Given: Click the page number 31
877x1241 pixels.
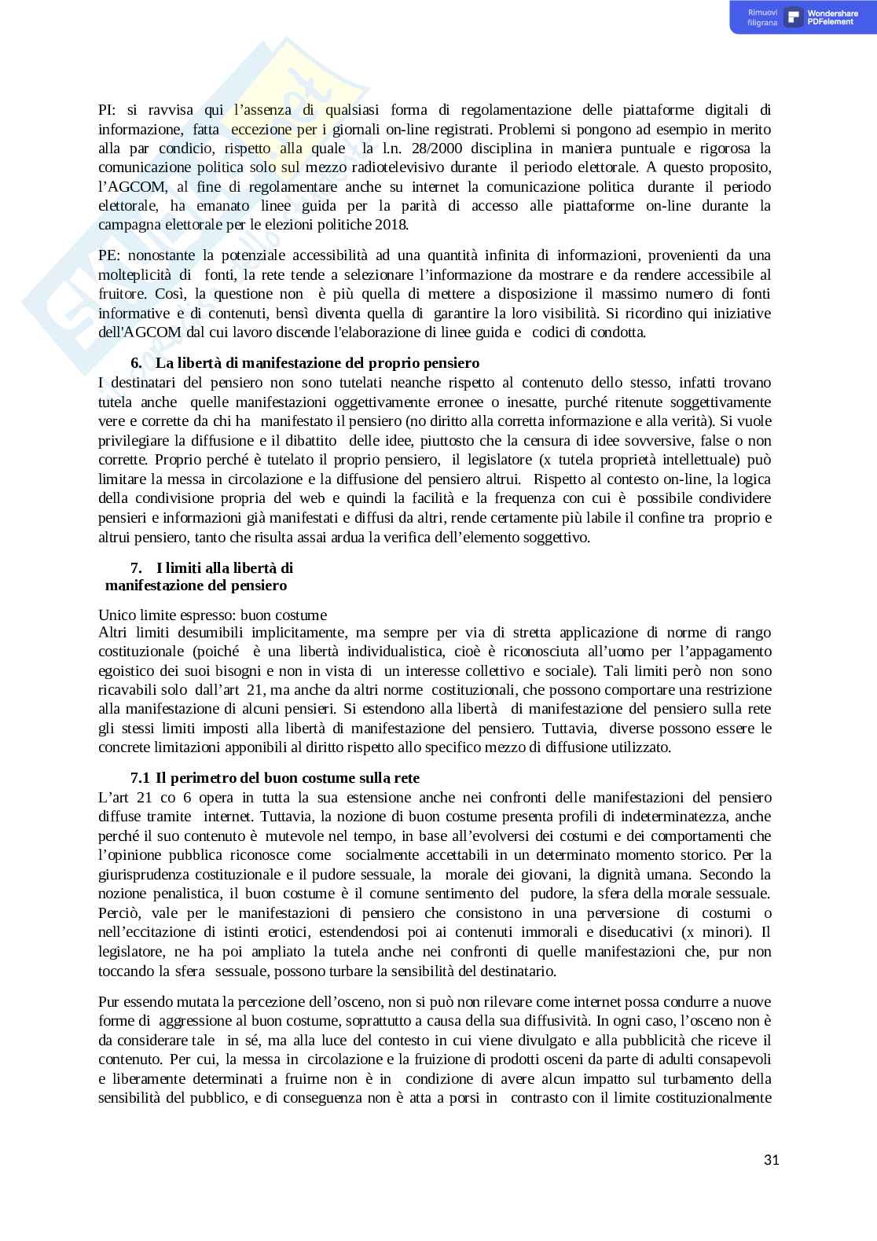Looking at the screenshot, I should [771, 1160].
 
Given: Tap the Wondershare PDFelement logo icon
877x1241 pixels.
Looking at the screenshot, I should [794, 17].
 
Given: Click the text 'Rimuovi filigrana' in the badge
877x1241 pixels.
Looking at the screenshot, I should [762, 17].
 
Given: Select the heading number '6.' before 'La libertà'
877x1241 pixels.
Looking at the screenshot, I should [136, 363].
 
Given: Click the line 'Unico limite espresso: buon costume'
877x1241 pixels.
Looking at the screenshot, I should [212, 615].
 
